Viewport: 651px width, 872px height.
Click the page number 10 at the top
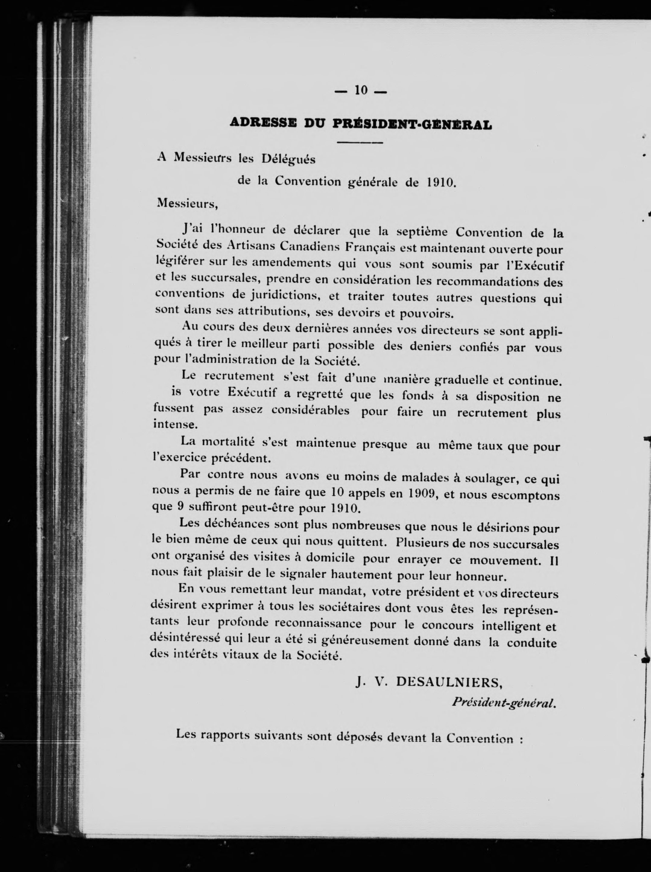coord(360,90)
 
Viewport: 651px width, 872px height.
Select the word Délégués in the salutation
coord(288,160)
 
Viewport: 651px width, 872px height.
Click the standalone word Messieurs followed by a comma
coord(186,204)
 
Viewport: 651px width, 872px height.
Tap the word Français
coord(370,248)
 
